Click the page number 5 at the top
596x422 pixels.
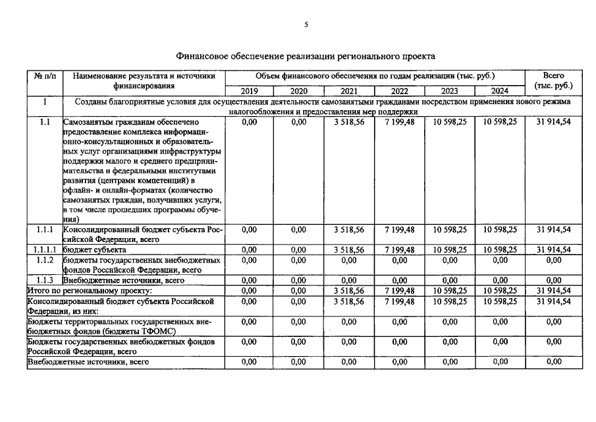click(x=306, y=24)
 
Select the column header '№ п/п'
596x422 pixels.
click(x=44, y=76)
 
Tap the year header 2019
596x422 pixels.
click(x=250, y=91)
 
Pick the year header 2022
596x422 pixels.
click(x=400, y=91)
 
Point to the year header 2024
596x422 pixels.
click(x=500, y=91)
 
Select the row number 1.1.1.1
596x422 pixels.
click(x=44, y=250)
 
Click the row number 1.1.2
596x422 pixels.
click(x=44, y=260)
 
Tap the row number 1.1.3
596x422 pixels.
click(x=44, y=280)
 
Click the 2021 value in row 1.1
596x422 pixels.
click(x=349, y=122)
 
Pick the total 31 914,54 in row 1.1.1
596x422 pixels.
click(x=553, y=229)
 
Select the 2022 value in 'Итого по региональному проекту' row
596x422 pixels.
click(x=400, y=290)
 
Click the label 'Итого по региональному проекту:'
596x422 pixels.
click(x=89, y=290)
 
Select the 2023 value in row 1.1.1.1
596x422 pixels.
click(x=450, y=250)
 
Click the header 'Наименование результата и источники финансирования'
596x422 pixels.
click(x=144, y=80)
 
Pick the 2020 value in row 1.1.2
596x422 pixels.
click(x=299, y=260)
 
